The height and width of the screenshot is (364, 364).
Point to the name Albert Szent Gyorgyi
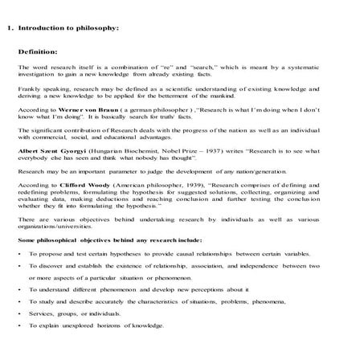click(51, 151)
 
